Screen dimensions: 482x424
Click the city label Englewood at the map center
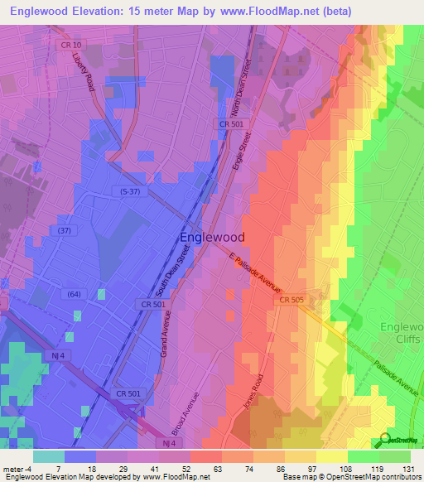pos(211,237)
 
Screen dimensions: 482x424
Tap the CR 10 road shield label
pos(71,44)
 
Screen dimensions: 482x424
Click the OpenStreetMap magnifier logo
pos(386,440)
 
